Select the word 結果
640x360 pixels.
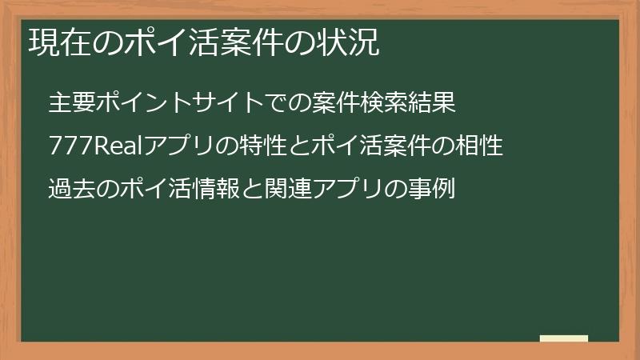433,104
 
